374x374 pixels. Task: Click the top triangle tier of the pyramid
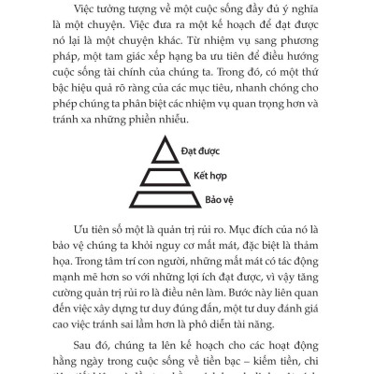[171, 149]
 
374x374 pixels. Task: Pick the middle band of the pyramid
[171, 174]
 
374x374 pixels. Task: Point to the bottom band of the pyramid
[171, 198]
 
